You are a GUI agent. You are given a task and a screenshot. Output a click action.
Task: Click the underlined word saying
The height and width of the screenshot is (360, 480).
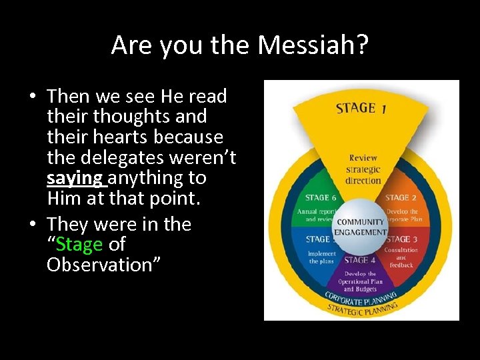75,179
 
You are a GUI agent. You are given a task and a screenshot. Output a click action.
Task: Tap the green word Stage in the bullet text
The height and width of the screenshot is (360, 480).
79,245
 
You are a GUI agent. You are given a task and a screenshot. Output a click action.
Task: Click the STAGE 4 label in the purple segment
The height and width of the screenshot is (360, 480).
361,260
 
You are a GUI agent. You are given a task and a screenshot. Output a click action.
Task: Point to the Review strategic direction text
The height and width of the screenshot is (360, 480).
363,169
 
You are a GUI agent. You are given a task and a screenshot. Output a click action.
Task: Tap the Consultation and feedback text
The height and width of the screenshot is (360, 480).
401,257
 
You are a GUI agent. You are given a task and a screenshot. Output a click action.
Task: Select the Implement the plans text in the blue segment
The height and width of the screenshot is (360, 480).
321,257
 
